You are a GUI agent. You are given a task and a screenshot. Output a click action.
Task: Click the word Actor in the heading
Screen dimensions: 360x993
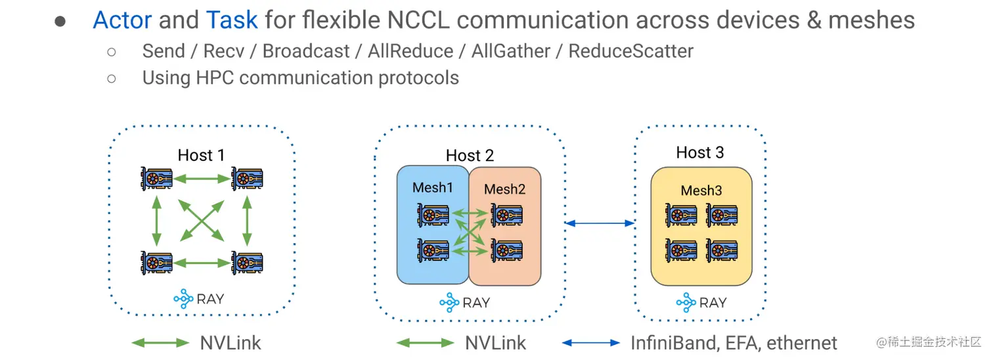123,20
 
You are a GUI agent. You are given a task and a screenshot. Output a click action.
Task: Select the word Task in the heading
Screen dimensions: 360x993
232,20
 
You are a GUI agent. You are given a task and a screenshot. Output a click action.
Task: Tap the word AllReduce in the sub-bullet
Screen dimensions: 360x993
410,51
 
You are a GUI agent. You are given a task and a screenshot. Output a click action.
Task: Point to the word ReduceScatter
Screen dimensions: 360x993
630,51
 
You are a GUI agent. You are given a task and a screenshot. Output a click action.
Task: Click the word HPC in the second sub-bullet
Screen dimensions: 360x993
211,78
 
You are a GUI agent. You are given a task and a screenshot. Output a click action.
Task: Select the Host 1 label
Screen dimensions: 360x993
201,155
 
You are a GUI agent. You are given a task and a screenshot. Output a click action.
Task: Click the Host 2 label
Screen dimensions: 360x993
470,156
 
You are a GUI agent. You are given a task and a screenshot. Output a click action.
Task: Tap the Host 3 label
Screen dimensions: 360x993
700,153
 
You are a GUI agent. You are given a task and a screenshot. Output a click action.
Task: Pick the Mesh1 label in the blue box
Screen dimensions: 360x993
433,188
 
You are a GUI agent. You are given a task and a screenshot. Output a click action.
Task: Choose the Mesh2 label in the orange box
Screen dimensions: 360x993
504,190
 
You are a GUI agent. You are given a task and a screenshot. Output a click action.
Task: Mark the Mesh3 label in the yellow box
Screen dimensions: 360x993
701,191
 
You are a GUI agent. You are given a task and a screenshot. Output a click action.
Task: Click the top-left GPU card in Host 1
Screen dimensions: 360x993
156,178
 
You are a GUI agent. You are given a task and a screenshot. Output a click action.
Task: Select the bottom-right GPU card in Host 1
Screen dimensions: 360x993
247,263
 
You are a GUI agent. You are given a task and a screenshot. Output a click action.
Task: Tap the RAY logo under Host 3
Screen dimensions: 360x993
701,303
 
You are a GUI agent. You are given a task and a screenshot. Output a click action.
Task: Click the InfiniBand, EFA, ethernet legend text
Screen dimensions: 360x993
734,343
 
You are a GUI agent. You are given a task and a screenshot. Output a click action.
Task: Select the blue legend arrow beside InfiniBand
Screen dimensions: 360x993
591,343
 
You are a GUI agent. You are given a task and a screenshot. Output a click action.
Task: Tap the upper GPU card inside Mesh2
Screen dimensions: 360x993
506,215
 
